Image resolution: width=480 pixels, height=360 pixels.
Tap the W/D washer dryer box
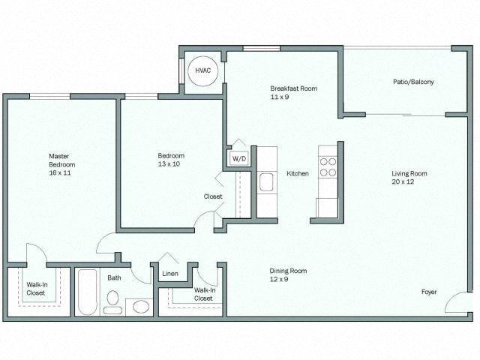click(238, 158)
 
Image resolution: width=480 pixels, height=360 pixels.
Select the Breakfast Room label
click(293, 88)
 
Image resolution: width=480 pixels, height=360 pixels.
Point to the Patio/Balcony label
click(413, 82)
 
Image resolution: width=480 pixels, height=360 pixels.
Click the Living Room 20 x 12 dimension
click(403, 181)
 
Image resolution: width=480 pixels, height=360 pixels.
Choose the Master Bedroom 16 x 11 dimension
click(60, 173)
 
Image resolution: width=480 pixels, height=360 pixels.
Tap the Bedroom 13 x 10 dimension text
click(169, 164)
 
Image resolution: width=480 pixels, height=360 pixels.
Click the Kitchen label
click(298, 173)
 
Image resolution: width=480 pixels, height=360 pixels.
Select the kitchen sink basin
click(266, 181)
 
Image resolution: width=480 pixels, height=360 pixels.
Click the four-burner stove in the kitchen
click(328, 167)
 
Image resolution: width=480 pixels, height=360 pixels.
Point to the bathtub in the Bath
click(88, 292)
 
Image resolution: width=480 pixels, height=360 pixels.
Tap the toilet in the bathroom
click(112, 302)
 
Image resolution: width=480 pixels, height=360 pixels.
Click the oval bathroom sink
click(141, 307)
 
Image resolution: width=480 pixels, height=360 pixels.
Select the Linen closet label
click(170, 274)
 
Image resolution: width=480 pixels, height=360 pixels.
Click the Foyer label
click(429, 292)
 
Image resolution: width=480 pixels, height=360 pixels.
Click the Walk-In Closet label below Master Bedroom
click(37, 289)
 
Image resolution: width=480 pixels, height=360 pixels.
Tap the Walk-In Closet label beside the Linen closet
click(205, 294)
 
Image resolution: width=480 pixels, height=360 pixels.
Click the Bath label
click(114, 278)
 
